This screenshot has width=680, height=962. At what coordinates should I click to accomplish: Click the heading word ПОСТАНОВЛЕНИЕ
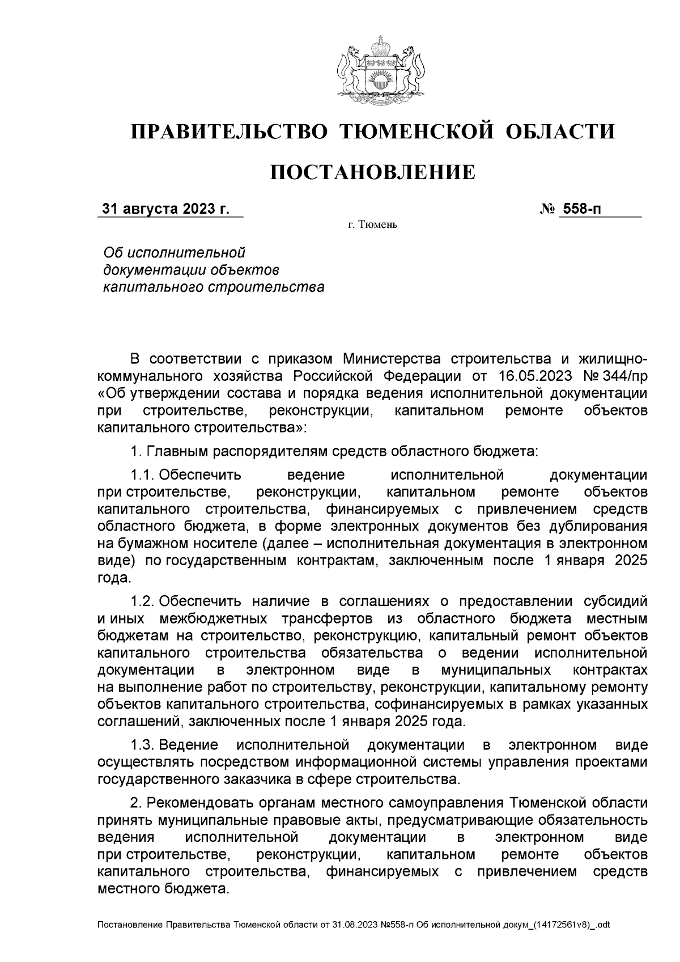coord(372,172)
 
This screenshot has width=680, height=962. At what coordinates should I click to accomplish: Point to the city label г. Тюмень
coord(372,226)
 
